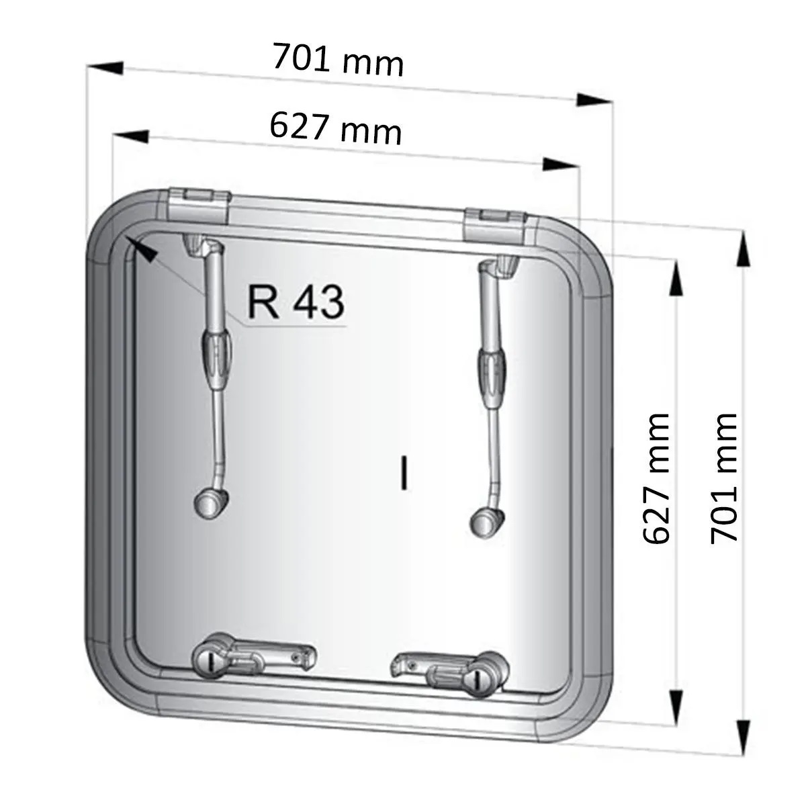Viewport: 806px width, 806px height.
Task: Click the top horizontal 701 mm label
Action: pyautogui.click(x=338, y=61)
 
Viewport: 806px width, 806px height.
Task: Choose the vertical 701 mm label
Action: pyautogui.click(x=725, y=478)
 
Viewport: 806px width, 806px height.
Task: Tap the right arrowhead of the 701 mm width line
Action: pyautogui.click(x=594, y=100)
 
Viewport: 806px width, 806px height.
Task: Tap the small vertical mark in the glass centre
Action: pyautogui.click(x=404, y=472)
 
